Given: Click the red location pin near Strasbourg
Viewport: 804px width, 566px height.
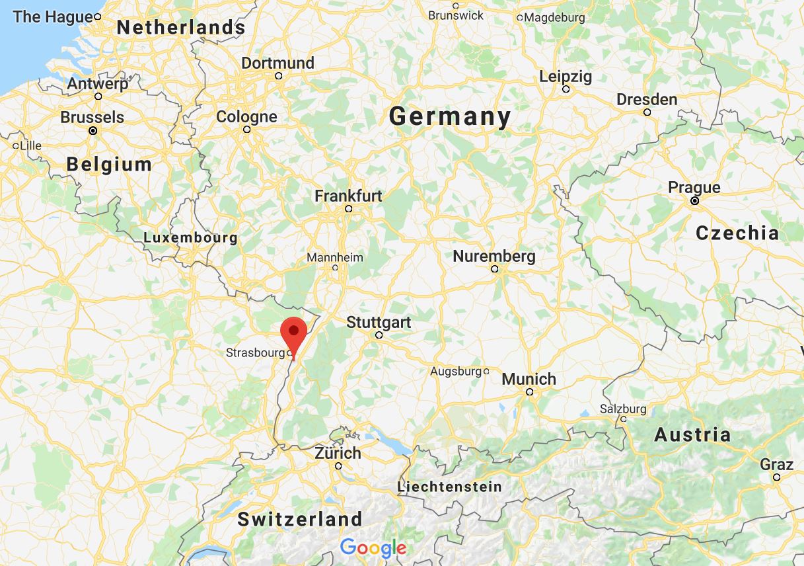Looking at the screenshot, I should tap(293, 333).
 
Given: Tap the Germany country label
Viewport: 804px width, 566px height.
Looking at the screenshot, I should tap(450, 117).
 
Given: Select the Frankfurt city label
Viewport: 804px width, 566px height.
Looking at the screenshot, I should tap(348, 196).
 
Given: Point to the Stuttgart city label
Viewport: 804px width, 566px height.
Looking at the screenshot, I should tap(379, 323).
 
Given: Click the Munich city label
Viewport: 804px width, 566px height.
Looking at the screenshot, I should tap(529, 380).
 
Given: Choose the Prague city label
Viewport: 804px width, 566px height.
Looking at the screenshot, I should tap(694, 187).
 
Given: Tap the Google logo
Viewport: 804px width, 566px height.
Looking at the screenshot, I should tap(373, 547).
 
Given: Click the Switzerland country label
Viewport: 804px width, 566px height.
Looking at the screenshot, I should tap(300, 519).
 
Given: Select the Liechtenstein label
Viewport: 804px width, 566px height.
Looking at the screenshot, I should tap(449, 487).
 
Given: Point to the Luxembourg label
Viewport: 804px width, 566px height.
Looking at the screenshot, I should tap(190, 237).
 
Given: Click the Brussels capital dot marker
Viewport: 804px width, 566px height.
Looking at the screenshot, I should tap(93, 131).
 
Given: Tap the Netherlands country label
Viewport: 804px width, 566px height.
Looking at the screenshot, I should tap(180, 28).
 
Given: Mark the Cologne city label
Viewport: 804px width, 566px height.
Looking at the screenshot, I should tap(246, 117).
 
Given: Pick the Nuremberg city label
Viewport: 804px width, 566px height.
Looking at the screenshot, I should tap(493, 256).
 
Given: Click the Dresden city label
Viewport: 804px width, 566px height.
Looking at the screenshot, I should tap(647, 100).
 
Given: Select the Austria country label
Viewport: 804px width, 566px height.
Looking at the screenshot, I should tap(692, 435).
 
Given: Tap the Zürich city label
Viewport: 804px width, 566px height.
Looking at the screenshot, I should tap(338, 454).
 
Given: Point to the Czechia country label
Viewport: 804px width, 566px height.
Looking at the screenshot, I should tap(737, 233).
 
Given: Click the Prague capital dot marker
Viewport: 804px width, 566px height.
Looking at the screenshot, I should tap(694, 200).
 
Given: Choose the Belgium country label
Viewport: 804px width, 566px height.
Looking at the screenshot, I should tap(109, 164).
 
